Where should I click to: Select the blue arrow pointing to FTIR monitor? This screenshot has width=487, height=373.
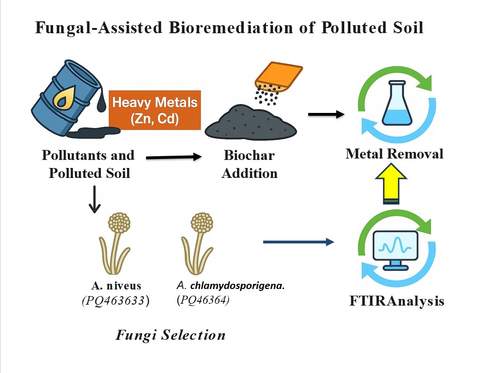point(298,242)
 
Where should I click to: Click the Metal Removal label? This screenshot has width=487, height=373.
point(395,154)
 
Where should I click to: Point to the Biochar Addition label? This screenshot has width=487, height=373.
point(249,164)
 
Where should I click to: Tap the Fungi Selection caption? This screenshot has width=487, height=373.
point(171,336)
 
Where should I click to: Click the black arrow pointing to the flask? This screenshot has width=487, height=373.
point(326,114)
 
